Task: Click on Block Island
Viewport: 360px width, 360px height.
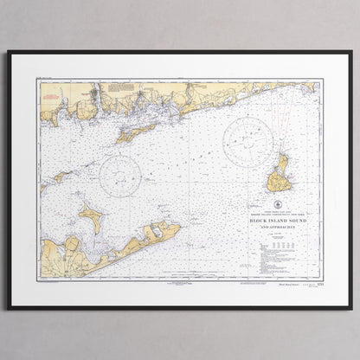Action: point(279,178)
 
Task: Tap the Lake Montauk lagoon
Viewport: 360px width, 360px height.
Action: point(156,231)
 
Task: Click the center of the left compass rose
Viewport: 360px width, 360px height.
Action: point(120,177)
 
